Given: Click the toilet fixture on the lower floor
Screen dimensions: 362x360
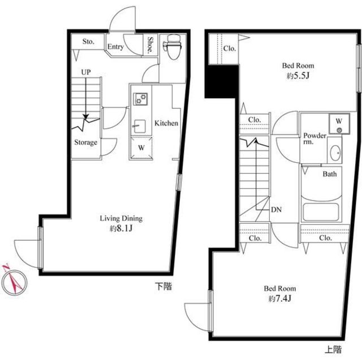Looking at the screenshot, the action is tap(172, 47).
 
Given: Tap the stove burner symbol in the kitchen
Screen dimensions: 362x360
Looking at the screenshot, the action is tap(140, 99).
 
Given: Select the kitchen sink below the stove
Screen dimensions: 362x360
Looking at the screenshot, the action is tap(140, 126).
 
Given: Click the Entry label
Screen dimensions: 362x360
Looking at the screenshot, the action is tap(115, 47).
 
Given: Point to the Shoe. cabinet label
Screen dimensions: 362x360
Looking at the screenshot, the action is tap(150, 45).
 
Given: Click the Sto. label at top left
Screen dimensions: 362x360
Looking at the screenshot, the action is tap(88, 42).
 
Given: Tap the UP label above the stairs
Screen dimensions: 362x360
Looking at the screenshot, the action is tap(86, 72).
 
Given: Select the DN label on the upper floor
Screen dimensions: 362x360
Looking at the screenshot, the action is tap(276, 210).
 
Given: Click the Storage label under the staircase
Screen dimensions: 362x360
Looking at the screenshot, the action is tap(85, 142).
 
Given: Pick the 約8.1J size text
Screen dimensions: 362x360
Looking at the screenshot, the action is tap(121, 228).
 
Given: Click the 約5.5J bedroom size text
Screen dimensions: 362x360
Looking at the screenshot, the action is tap(298, 76).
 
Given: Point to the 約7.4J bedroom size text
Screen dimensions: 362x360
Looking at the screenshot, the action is tap(280, 298).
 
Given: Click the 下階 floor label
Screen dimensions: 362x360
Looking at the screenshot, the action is tap(163, 287).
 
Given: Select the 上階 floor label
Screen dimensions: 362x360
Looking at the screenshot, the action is tap(333, 349).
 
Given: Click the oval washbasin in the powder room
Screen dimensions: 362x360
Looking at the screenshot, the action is tap(335, 153).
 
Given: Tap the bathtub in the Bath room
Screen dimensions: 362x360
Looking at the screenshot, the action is tap(321, 212).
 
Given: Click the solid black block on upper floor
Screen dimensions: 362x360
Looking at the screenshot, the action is tap(222, 81).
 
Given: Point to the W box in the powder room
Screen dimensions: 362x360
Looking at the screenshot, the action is tap(339, 123).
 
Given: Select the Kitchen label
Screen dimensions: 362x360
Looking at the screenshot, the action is tap(166, 123).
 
